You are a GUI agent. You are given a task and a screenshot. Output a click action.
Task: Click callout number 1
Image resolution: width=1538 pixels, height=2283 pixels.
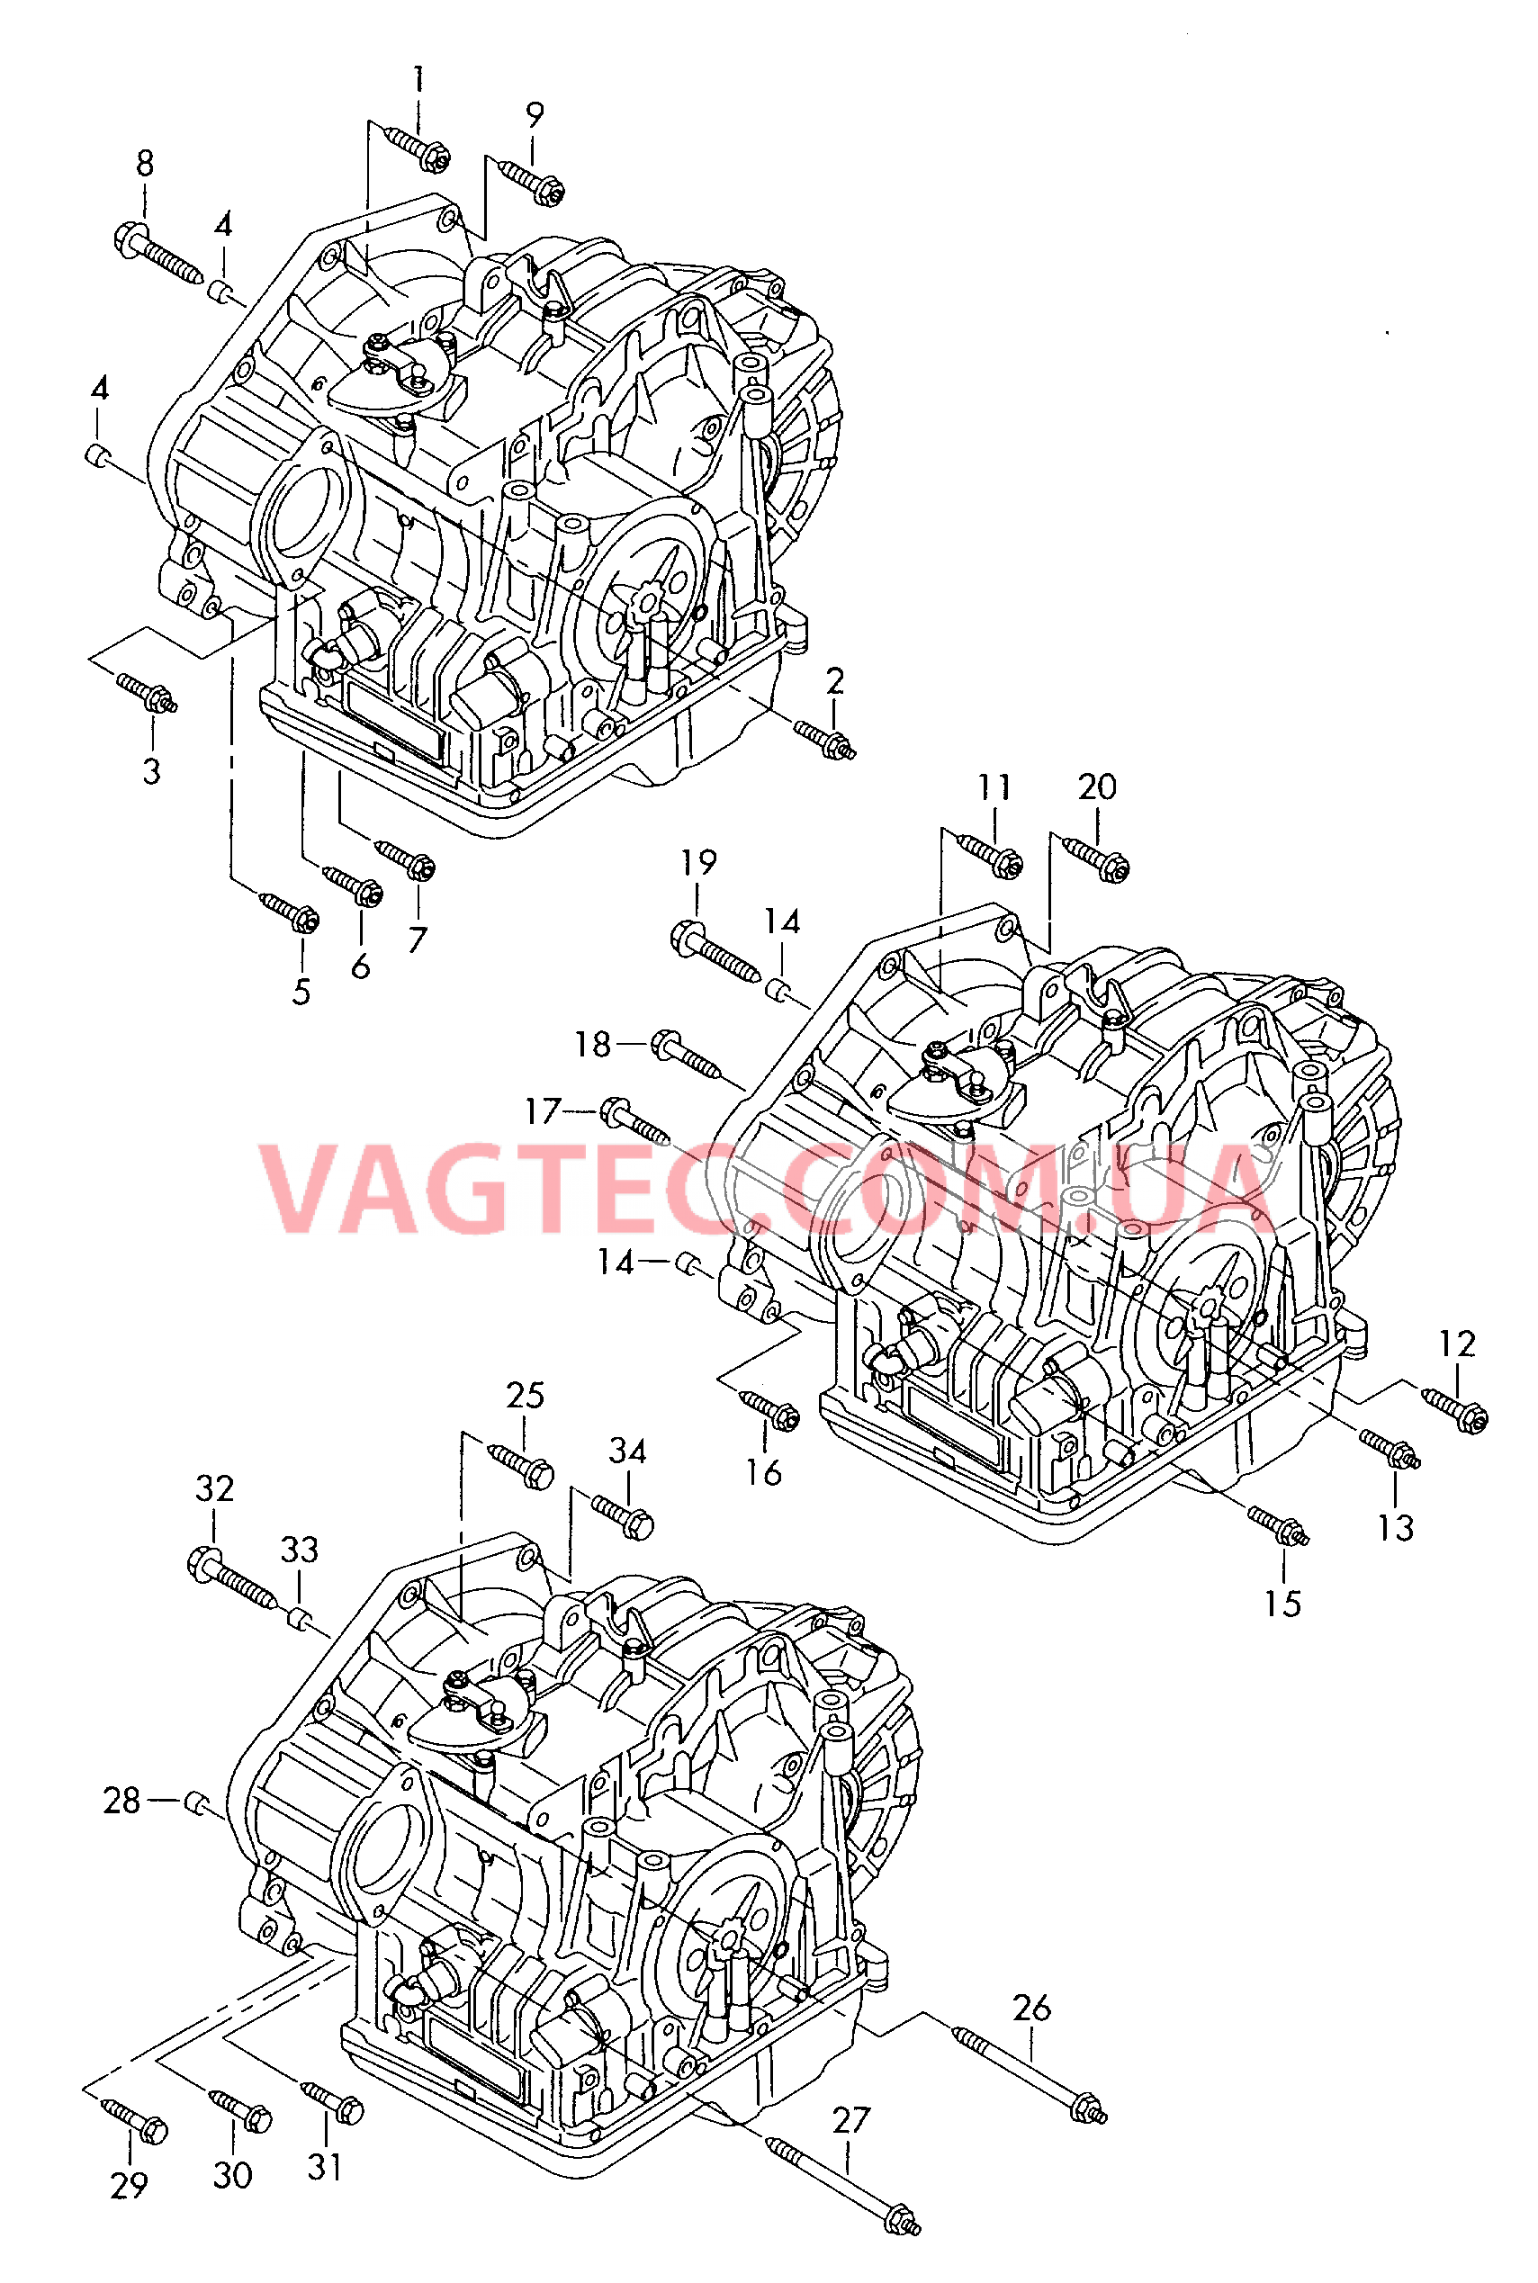click(x=418, y=79)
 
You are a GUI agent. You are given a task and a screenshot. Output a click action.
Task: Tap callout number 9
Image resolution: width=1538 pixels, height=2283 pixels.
click(x=535, y=116)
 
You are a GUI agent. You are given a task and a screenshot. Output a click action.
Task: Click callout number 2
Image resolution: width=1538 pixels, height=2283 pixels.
click(x=835, y=680)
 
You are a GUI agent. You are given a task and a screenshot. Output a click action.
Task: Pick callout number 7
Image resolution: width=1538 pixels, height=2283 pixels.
click(x=418, y=939)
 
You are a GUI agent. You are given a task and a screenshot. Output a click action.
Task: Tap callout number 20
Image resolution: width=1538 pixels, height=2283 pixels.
click(x=1097, y=786)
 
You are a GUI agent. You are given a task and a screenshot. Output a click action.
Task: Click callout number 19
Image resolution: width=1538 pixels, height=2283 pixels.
click(x=698, y=863)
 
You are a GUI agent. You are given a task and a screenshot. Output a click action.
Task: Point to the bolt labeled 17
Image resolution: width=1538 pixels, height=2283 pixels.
click(x=634, y=1123)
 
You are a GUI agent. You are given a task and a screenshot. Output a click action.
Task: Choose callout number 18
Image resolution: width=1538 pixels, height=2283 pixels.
click(x=592, y=1045)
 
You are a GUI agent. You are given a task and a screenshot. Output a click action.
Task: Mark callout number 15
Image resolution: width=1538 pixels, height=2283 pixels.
click(x=1282, y=1604)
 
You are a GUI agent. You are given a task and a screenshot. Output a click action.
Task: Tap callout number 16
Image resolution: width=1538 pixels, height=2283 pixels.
click(x=763, y=1472)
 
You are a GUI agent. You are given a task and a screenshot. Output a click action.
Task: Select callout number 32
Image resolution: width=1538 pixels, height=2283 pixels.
click(x=215, y=1488)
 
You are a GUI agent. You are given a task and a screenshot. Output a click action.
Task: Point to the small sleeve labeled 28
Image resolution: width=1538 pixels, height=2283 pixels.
click(x=196, y=1801)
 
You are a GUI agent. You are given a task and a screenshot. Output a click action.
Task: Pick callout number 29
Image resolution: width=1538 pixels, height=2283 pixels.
click(x=129, y=2185)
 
